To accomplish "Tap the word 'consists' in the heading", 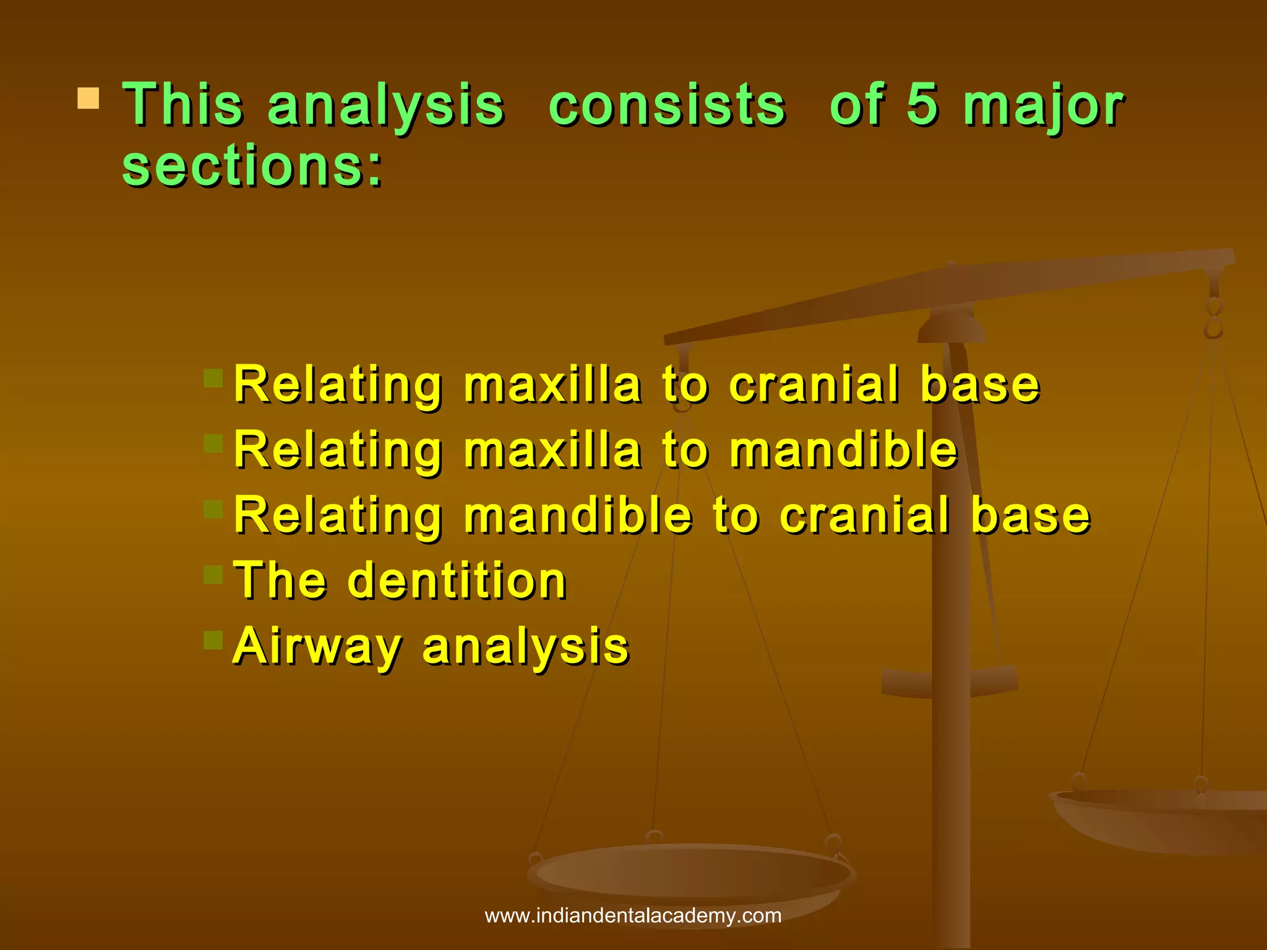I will [x=667, y=105].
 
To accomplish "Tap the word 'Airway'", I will [x=317, y=647].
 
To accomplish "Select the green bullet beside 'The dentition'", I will [x=213, y=575].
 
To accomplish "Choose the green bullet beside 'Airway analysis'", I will [x=213, y=640].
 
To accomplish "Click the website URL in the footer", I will [x=633, y=916].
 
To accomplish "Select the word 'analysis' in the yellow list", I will [x=525, y=647].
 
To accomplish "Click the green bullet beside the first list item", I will [x=213, y=378].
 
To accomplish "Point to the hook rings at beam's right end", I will [x=1214, y=318].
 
